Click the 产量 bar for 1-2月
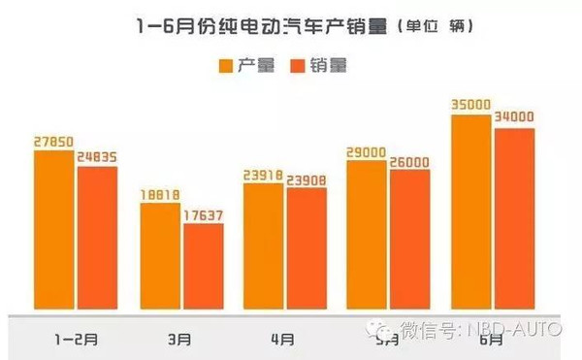click(53, 232)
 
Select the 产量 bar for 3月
click(160, 258)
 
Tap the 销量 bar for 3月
click(204, 269)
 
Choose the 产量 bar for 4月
click(264, 247)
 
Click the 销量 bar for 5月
click(410, 242)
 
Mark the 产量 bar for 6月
click(471, 213)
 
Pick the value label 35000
click(472, 105)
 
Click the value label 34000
click(515, 118)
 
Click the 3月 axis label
click(179, 341)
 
